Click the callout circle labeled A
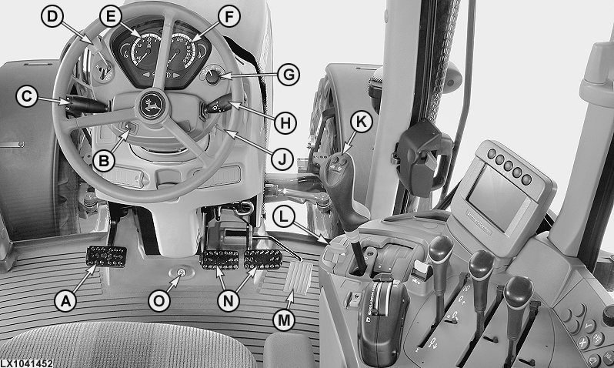65,301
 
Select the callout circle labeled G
289,75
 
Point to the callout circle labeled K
361,122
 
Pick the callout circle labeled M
284,320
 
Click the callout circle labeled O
159,301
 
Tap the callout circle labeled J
282,159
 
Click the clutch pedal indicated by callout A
106,256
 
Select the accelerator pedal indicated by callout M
298,277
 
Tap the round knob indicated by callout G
212,77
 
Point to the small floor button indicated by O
181,273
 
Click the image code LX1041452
27,363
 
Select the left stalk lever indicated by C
85,105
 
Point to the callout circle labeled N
229,301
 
